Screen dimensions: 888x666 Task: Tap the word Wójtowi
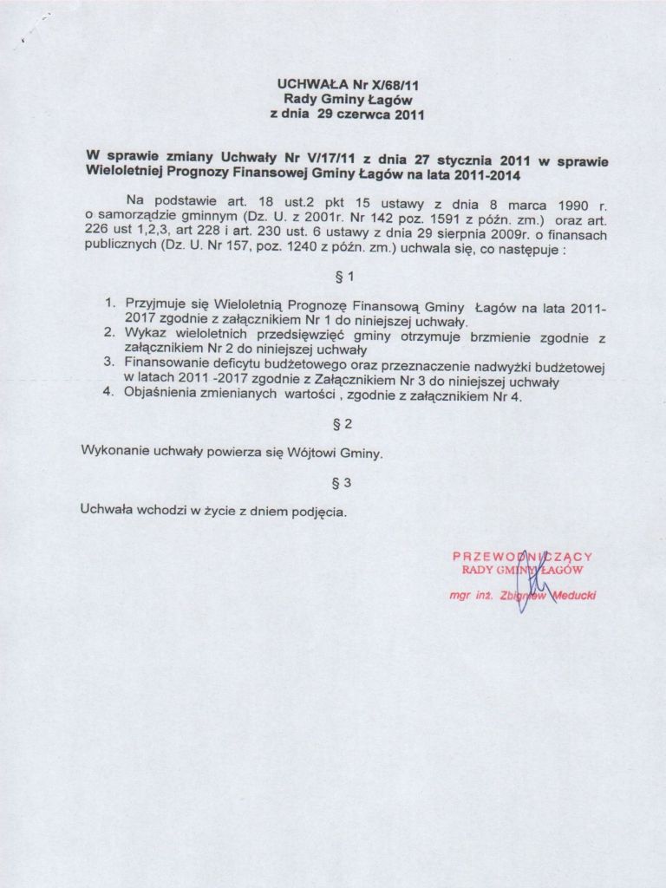(311, 453)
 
